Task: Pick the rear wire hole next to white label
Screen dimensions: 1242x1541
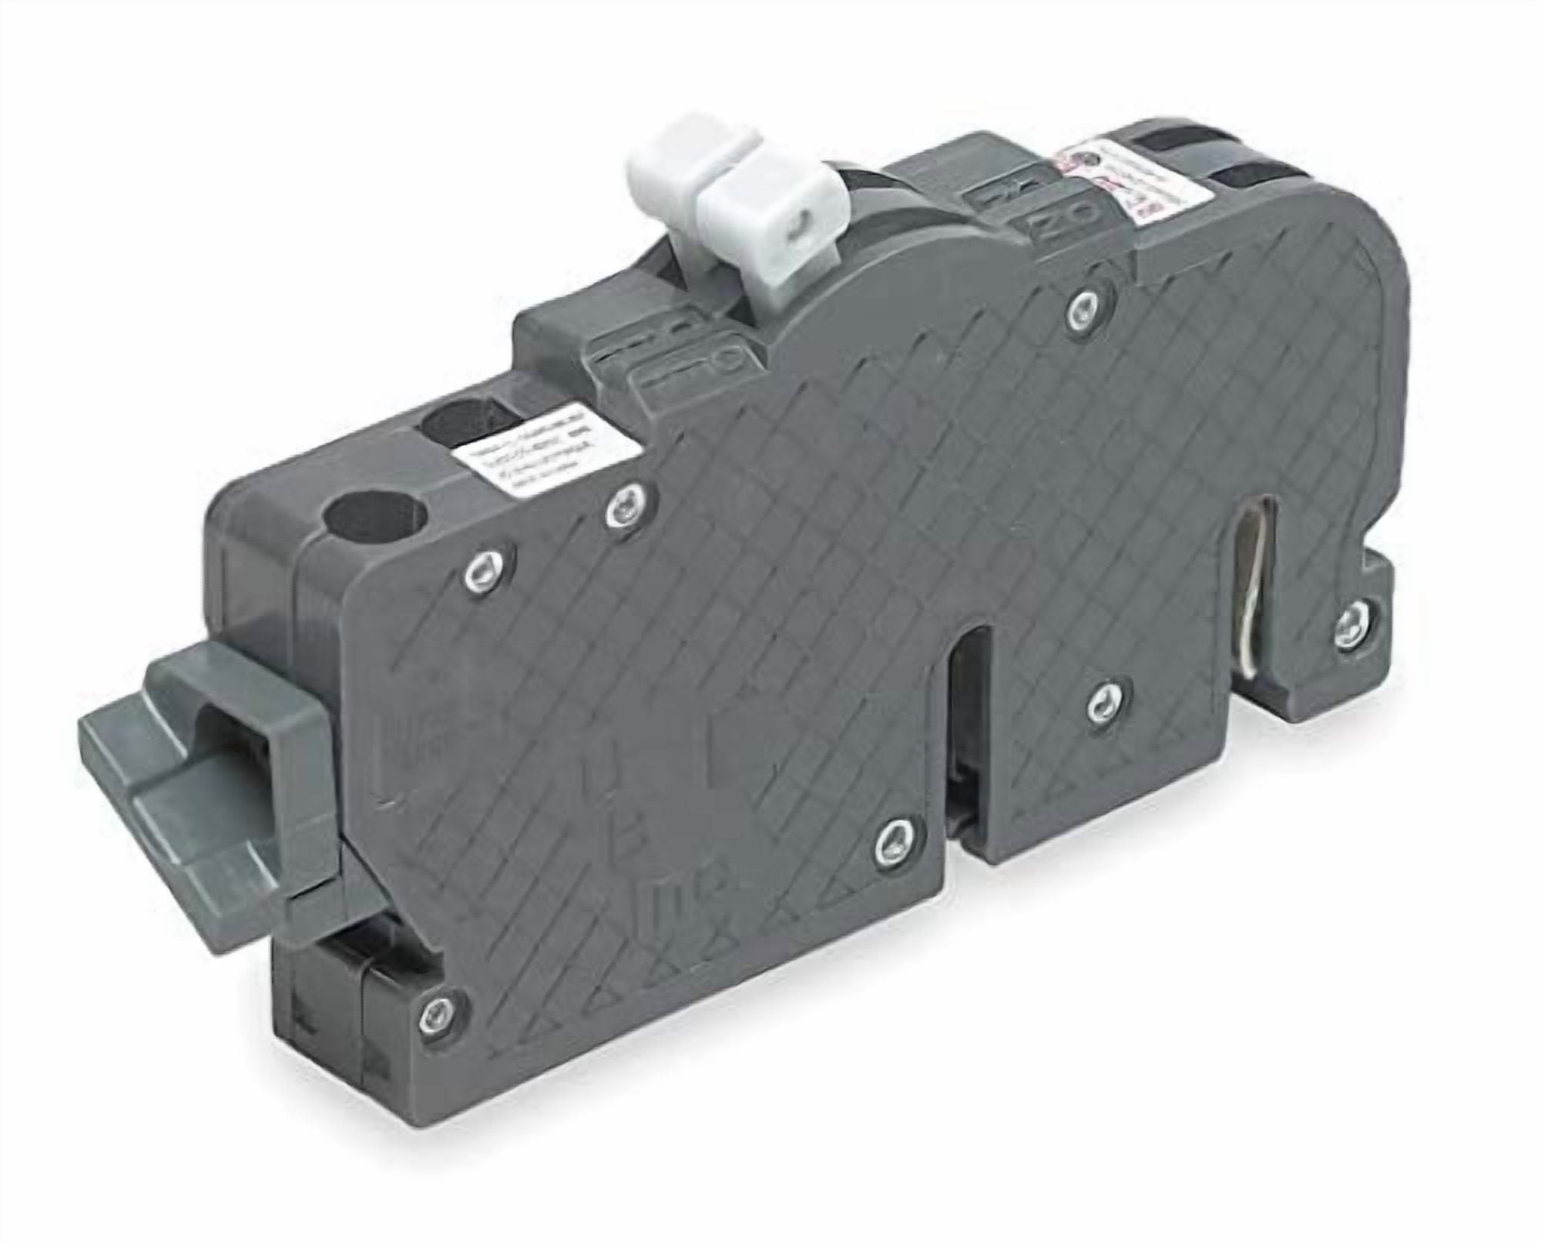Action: pos(462,420)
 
